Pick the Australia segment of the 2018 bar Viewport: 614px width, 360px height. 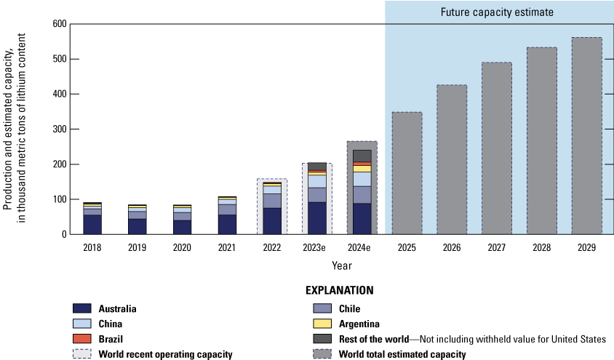coord(92,225)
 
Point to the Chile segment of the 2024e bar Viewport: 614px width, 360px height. coord(362,195)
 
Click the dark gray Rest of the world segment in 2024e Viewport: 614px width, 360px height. coord(362,156)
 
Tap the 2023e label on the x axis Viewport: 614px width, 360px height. coord(316,248)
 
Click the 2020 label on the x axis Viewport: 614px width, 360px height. coord(182,248)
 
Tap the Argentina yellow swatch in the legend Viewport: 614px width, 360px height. coord(322,323)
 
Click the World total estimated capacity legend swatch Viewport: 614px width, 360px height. coord(322,354)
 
